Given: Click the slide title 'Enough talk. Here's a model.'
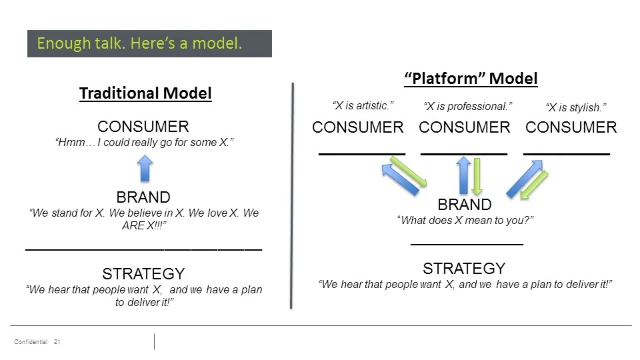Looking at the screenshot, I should point(139,44).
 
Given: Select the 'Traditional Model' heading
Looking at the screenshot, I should point(145,93).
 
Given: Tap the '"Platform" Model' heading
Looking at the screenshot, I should point(471,79).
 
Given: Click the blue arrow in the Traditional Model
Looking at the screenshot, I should point(145,168).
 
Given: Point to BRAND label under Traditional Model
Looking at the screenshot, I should point(143,197).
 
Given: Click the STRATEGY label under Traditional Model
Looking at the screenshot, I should point(143,274).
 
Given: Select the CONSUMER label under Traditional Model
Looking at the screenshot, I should point(143,127).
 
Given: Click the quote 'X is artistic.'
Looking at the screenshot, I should point(363,106).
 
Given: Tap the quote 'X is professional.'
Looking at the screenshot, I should point(468,107).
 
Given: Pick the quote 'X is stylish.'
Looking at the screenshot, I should point(576,107).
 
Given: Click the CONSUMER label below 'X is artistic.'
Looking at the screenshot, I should point(358,127).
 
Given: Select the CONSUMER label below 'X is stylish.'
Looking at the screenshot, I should point(571,127).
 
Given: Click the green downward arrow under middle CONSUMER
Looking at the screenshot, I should point(477,176).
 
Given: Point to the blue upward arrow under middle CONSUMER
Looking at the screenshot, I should point(463,175).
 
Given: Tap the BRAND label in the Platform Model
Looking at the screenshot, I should point(465,205).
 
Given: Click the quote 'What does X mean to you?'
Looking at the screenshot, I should point(465,221).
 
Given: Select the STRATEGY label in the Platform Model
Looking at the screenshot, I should point(465,269).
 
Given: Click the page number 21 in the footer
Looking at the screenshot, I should point(57,342).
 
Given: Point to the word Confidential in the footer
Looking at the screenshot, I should point(31,342).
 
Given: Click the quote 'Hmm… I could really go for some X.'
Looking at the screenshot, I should point(144,143).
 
